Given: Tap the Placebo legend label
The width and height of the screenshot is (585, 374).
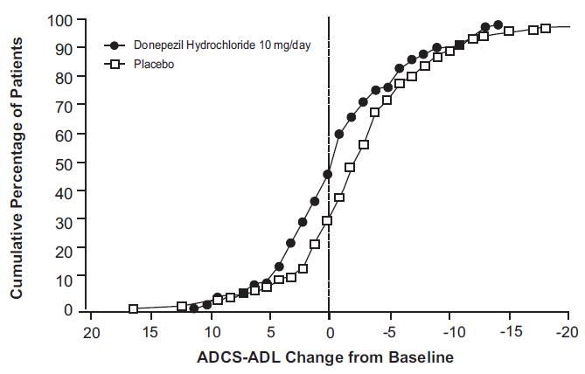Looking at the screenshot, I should pyautogui.click(x=150, y=63).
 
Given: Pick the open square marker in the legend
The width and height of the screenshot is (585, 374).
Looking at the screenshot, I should pyautogui.click(x=112, y=63).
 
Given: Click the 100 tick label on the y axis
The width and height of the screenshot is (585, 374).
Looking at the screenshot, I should pyautogui.click(x=59, y=20).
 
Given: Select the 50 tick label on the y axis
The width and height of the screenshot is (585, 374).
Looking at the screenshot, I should pyautogui.click(x=63, y=164).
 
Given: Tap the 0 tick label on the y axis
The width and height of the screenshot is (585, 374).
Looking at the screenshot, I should pyautogui.click(x=66, y=309).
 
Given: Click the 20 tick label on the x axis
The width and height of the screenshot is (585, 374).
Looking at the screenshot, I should pyautogui.click(x=90, y=332).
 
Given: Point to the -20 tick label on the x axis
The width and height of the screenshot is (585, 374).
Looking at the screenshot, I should pyautogui.click(x=568, y=332).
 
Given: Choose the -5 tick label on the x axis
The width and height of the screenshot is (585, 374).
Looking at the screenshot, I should pyautogui.click(x=388, y=332).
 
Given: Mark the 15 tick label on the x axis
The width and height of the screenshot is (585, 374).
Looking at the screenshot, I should pyautogui.click(x=150, y=332).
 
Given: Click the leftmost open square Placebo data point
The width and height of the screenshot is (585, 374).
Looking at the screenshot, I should pyautogui.click(x=134, y=308).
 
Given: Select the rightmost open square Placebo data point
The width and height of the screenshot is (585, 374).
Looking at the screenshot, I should pyautogui.click(x=546, y=28).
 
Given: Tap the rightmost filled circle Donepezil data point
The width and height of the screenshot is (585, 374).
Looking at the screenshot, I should pyautogui.click(x=498, y=25).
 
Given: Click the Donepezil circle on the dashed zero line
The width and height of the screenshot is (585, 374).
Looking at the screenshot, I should pyautogui.click(x=328, y=175).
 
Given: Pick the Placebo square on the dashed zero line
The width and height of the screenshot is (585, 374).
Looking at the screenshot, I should pyautogui.click(x=328, y=220).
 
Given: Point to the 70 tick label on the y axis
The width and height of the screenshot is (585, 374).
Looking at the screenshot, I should pyautogui.click(x=63, y=107).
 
